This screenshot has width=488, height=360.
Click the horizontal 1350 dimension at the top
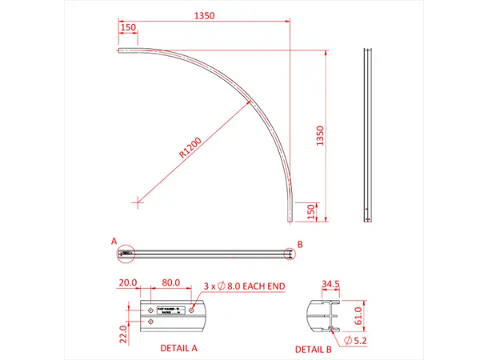(206, 14)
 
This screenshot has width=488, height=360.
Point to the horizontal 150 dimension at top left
(127, 27)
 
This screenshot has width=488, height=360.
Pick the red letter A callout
(114, 240)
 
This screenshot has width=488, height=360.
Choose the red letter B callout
(300, 243)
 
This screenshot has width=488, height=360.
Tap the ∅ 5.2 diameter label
(357, 342)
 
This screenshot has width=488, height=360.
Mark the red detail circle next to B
(290, 253)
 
